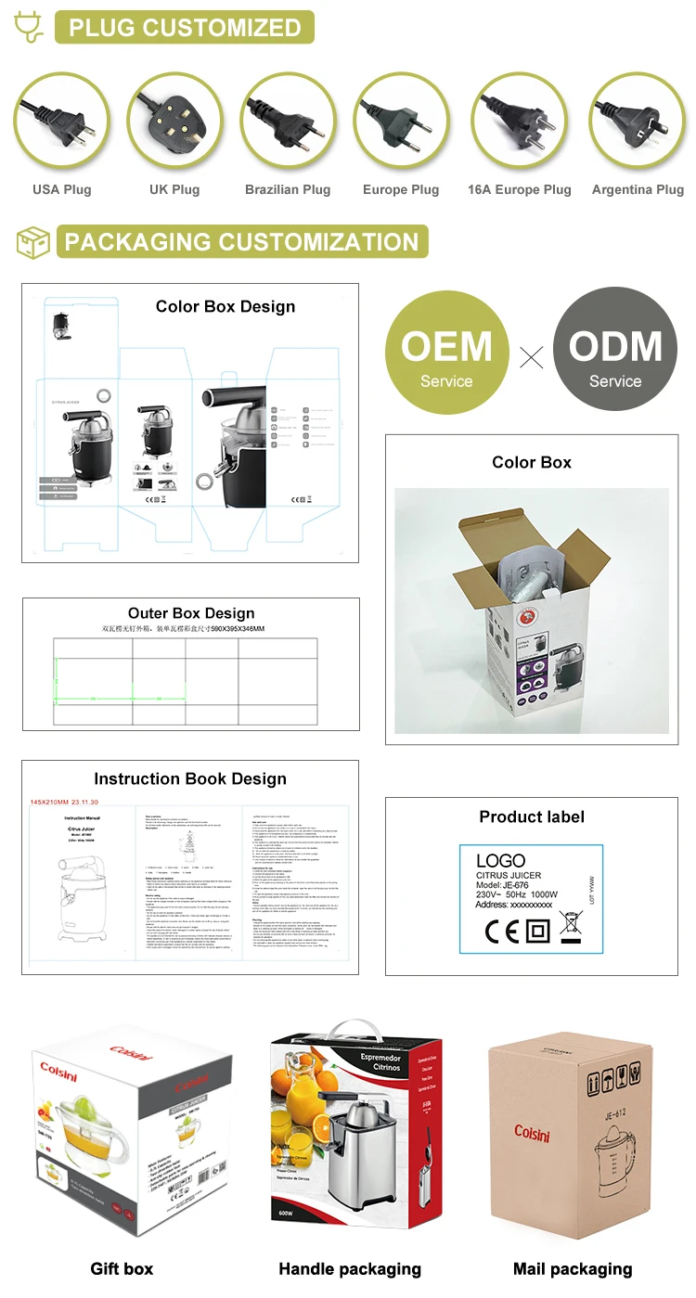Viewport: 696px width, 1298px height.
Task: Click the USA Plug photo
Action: click(x=61, y=121)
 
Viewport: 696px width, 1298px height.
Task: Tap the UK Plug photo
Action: click(x=174, y=121)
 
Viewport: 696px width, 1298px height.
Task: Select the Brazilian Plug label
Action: click(x=288, y=189)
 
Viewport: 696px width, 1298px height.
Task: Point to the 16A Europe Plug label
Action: click(x=519, y=189)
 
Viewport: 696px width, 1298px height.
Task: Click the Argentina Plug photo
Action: click(x=638, y=121)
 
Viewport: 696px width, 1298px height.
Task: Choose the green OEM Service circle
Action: click(x=446, y=350)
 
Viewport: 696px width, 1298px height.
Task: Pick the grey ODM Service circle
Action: click(x=615, y=350)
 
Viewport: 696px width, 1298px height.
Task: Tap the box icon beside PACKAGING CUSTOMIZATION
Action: click(x=33, y=242)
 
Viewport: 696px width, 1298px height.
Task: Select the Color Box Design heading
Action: click(x=226, y=307)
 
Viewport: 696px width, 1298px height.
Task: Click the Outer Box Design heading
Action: click(x=191, y=613)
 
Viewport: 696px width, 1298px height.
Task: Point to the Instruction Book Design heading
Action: click(x=190, y=779)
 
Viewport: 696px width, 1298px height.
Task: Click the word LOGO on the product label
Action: click(x=500, y=861)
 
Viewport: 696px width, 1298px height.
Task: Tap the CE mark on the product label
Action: click(x=499, y=931)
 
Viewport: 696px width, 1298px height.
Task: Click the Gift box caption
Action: click(x=122, y=1268)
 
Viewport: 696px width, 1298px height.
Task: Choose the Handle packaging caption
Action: click(x=350, y=1268)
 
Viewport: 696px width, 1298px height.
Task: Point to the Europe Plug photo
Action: click(x=400, y=121)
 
